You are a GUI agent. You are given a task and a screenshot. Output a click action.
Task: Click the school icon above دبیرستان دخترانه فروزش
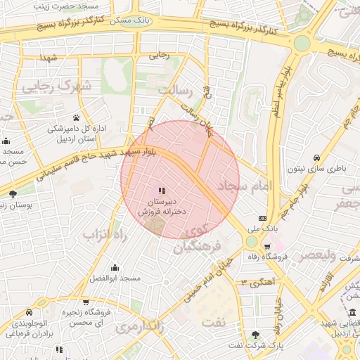[x=162, y=191]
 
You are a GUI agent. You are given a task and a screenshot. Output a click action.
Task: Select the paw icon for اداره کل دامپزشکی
[x=76, y=117]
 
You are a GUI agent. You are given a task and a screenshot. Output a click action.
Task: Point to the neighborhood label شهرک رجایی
[x=56, y=86]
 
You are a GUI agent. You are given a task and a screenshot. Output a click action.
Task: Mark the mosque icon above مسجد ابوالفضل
[x=115, y=267]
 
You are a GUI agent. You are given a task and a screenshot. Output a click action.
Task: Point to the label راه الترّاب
[x=105, y=233]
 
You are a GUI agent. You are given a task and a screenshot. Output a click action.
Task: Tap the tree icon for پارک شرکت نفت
[x=255, y=334]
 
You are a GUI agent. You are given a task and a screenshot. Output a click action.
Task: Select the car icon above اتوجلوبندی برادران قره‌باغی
[x=29, y=311]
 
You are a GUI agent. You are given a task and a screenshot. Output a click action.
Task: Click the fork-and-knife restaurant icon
[x=60, y=349]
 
